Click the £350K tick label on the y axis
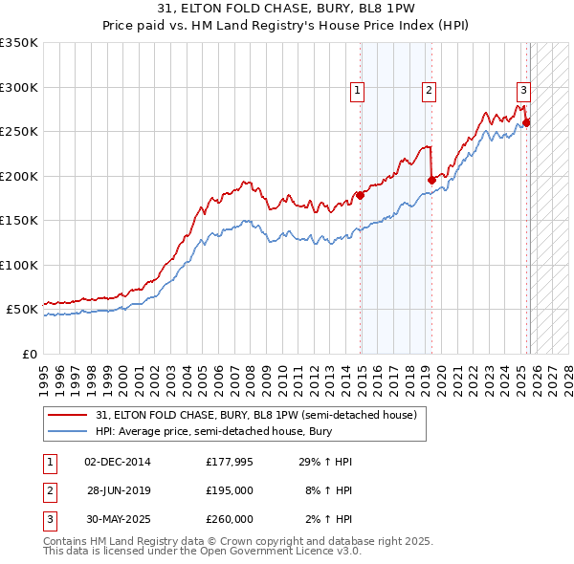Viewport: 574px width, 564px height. (19, 43)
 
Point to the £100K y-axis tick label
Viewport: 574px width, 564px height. (19, 265)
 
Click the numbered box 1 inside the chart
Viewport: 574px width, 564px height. (357, 91)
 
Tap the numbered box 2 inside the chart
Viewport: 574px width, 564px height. (429, 91)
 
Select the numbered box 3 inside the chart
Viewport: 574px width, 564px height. (523, 91)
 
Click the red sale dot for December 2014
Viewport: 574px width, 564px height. (361, 196)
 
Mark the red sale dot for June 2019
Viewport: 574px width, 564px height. (431, 180)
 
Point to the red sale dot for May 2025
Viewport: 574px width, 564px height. (526, 122)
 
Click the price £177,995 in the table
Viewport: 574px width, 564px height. (229, 462)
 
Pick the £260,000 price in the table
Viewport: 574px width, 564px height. (229, 519)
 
